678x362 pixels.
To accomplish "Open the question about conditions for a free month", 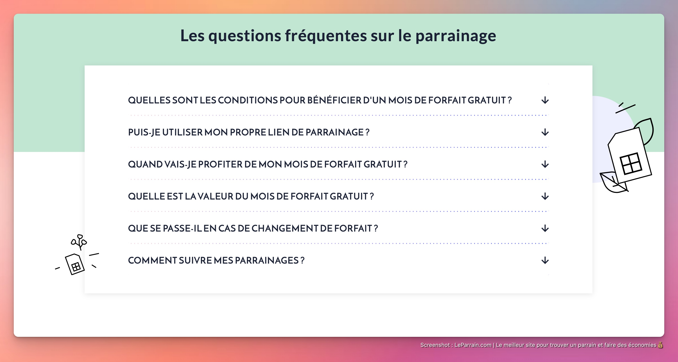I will [320, 100].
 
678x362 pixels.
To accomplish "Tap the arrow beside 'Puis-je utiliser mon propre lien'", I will [545, 132].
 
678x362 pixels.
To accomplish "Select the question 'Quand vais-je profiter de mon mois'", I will [267, 164].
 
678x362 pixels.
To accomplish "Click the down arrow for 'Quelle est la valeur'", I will [545, 196].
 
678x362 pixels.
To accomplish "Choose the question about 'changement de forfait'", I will [253, 228].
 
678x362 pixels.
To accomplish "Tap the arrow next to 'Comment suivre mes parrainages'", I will [545, 260].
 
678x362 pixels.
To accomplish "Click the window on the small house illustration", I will [76, 267].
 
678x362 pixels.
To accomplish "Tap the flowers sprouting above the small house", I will [79, 241].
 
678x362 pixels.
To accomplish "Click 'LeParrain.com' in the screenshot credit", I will [473, 345].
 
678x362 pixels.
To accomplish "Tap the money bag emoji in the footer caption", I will [660, 345].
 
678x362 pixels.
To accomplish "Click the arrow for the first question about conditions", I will [545, 100].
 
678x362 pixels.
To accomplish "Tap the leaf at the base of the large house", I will [612, 183].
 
